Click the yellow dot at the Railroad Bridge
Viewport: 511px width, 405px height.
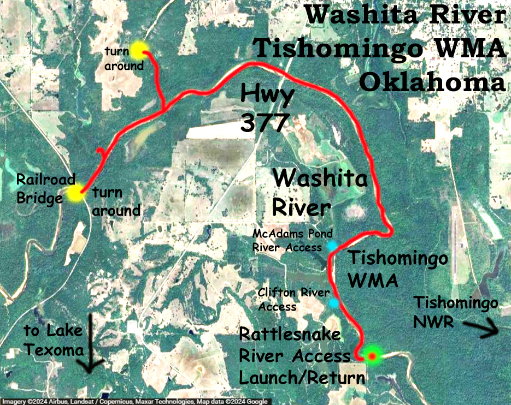pyautogui.click(x=75, y=193)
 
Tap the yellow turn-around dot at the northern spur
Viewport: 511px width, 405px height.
pyautogui.click(x=138, y=49)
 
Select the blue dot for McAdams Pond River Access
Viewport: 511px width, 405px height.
pyautogui.click(x=332, y=246)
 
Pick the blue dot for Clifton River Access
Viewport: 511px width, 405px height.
pyautogui.click(x=333, y=302)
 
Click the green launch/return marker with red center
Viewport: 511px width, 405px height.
pyautogui.click(x=372, y=356)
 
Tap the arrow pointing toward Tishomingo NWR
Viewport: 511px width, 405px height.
pyautogui.click(x=479, y=329)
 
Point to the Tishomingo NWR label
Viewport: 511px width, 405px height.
pyautogui.click(x=455, y=312)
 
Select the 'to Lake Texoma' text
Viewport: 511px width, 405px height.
pyautogui.click(x=53, y=338)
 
